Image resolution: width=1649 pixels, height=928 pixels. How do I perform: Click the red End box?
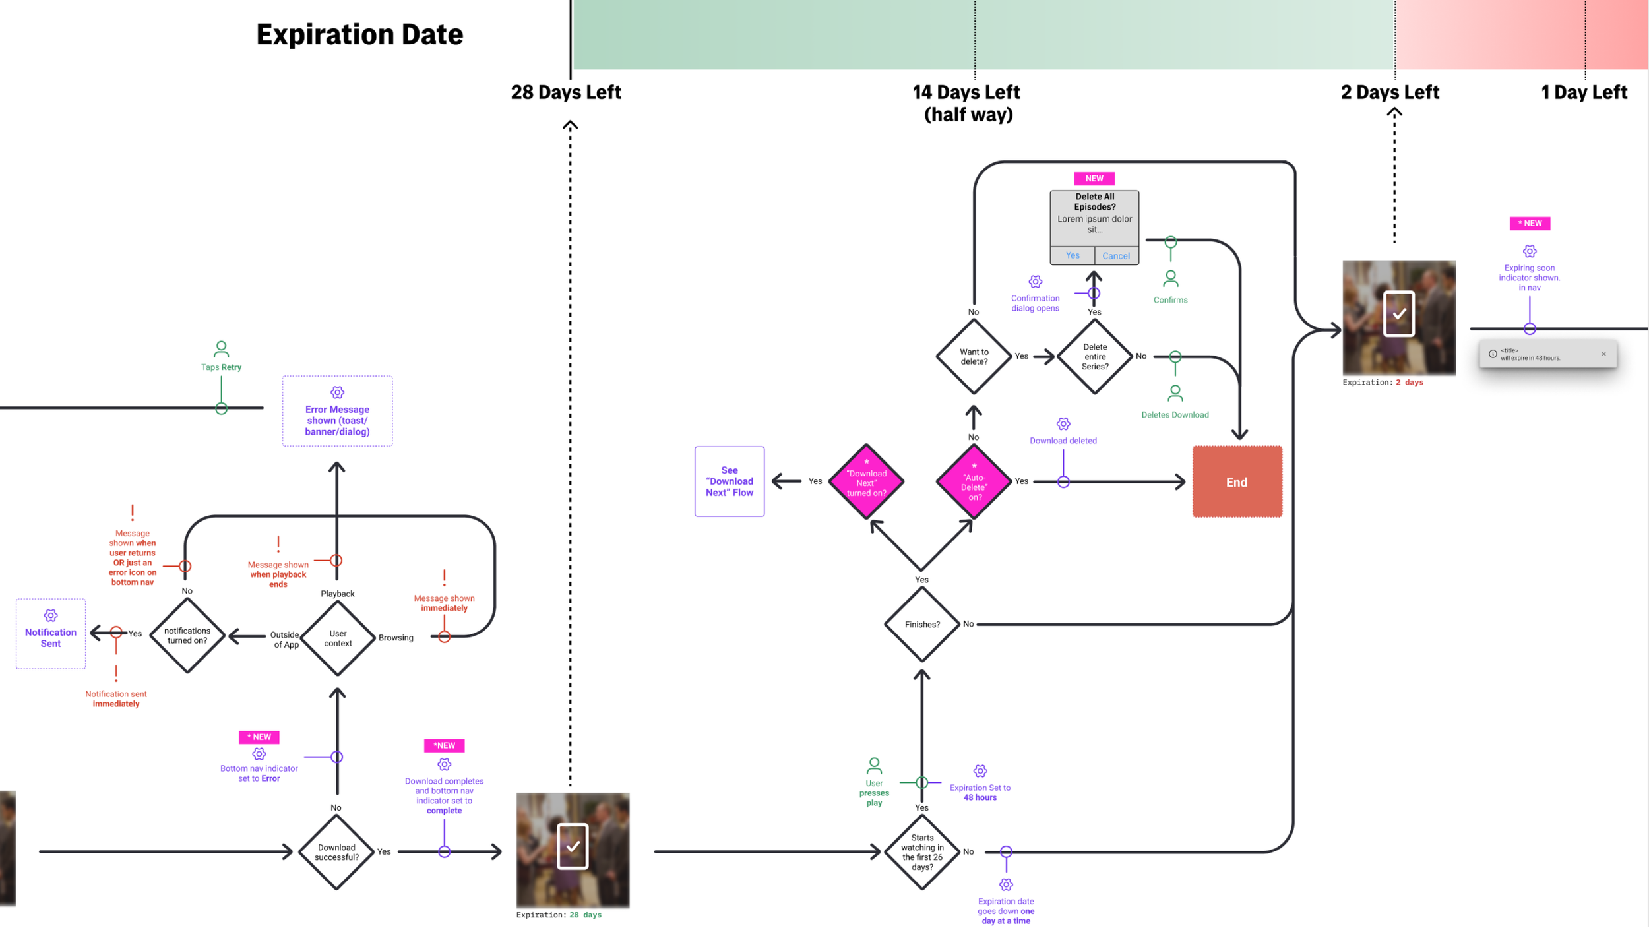point(1237,481)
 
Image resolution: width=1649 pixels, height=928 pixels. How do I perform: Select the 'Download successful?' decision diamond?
point(336,852)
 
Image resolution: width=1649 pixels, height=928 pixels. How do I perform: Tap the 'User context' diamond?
point(338,638)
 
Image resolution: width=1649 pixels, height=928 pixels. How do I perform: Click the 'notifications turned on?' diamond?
point(187,635)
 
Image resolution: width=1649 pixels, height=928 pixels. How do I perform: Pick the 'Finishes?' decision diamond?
point(922,624)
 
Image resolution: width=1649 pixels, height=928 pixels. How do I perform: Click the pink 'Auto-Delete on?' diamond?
point(974,482)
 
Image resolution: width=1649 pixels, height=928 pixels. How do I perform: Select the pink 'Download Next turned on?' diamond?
point(867,482)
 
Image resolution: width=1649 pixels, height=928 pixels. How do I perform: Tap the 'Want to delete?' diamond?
point(974,357)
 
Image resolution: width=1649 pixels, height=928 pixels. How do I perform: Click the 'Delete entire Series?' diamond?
point(1095,357)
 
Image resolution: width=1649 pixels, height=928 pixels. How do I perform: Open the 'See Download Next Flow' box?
point(730,481)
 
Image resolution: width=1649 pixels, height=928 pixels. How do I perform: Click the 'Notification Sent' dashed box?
point(51,634)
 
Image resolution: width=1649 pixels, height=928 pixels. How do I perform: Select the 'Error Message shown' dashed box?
point(337,412)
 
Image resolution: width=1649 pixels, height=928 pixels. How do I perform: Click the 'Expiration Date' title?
point(359,34)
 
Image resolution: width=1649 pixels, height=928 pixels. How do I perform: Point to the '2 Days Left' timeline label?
point(1390,92)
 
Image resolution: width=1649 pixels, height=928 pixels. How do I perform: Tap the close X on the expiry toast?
point(1603,354)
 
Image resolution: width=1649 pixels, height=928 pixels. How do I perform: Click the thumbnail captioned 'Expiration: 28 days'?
point(573,850)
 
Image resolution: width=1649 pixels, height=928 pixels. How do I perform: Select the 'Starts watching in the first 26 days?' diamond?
point(922,852)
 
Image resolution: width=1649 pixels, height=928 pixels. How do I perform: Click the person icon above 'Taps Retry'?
point(222,348)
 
